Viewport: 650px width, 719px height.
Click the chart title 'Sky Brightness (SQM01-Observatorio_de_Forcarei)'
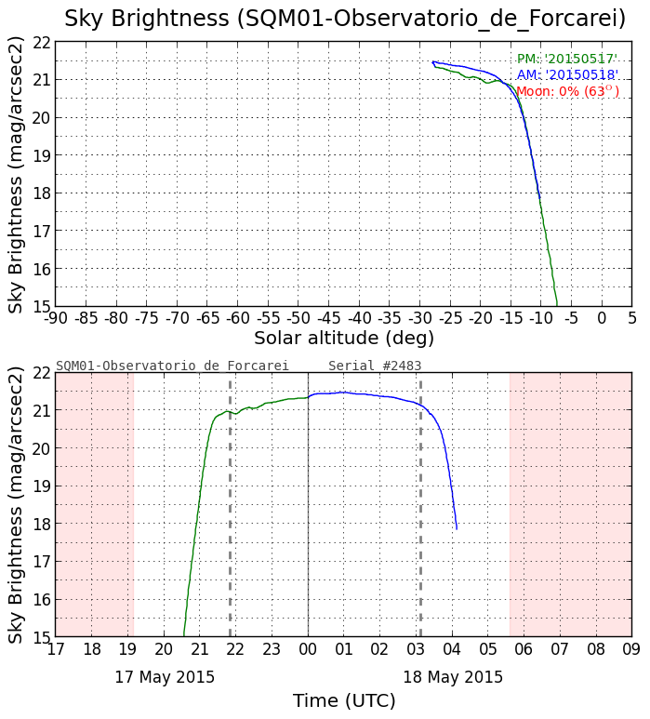coord(345,19)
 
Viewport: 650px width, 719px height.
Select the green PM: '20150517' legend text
coord(567,60)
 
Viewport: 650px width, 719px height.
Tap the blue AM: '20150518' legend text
coord(567,75)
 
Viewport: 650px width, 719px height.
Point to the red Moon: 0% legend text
coord(567,91)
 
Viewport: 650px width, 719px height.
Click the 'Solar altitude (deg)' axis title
coord(344,338)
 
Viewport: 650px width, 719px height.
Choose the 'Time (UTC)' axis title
coord(344,700)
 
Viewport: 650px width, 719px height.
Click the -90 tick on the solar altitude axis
coord(56,317)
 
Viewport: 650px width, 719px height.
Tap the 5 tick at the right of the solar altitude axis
coord(631,317)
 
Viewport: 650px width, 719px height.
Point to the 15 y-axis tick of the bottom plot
coord(41,637)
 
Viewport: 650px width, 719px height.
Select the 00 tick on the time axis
coord(308,648)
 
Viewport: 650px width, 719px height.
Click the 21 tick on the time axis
coord(199,648)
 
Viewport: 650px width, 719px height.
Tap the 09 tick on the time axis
coord(631,648)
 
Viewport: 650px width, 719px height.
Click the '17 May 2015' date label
coord(165,677)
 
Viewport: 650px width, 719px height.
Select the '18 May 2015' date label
coord(453,677)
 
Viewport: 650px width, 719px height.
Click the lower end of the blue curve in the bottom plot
coord(457,528)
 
